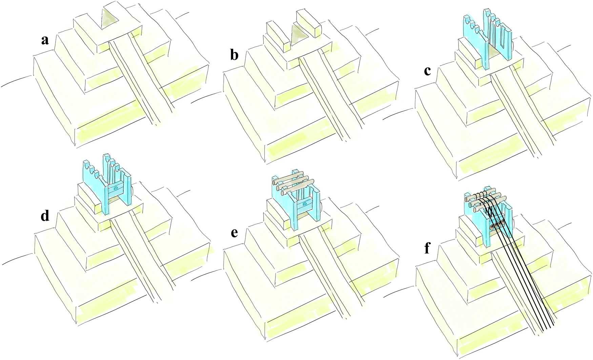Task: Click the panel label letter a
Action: (44, 40)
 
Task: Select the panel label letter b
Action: (234, 55)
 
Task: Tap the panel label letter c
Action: (428, 71)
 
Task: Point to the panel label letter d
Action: (44, 216)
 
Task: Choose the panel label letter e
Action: (234, 233)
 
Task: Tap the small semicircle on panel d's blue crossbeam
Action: (116, 187)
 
